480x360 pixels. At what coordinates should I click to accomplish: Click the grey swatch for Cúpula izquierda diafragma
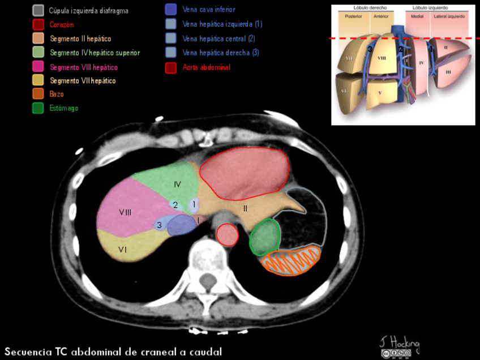[x=38, y=10]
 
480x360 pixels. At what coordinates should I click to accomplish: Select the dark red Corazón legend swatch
[x=38, y=24]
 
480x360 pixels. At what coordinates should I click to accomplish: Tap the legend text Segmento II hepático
[x=80, y=38]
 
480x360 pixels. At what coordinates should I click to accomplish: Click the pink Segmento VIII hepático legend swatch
[x=38, y=66]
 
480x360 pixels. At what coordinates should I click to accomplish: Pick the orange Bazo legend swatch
[x=38, y=94]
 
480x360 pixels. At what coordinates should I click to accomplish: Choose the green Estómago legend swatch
[x=38, y=108]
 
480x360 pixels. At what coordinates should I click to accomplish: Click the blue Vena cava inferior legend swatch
[x=171, y=10]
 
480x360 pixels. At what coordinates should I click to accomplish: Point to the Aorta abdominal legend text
[x=207, y=67]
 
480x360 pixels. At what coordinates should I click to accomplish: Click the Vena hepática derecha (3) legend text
[x=221, y=53]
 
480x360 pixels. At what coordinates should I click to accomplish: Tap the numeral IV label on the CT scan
[x=177, y=185]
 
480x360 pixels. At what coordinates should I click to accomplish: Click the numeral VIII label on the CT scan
[x=125, y=212]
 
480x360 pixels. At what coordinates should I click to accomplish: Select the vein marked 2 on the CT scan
[x=175, y=205]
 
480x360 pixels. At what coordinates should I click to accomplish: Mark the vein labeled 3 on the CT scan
[x=160, y=225]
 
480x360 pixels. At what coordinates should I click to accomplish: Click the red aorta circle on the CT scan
[x=228, y=234]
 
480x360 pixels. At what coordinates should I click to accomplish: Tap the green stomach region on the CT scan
[x=265, y=237]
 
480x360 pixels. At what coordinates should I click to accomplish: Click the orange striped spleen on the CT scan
[x=292, y=261]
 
